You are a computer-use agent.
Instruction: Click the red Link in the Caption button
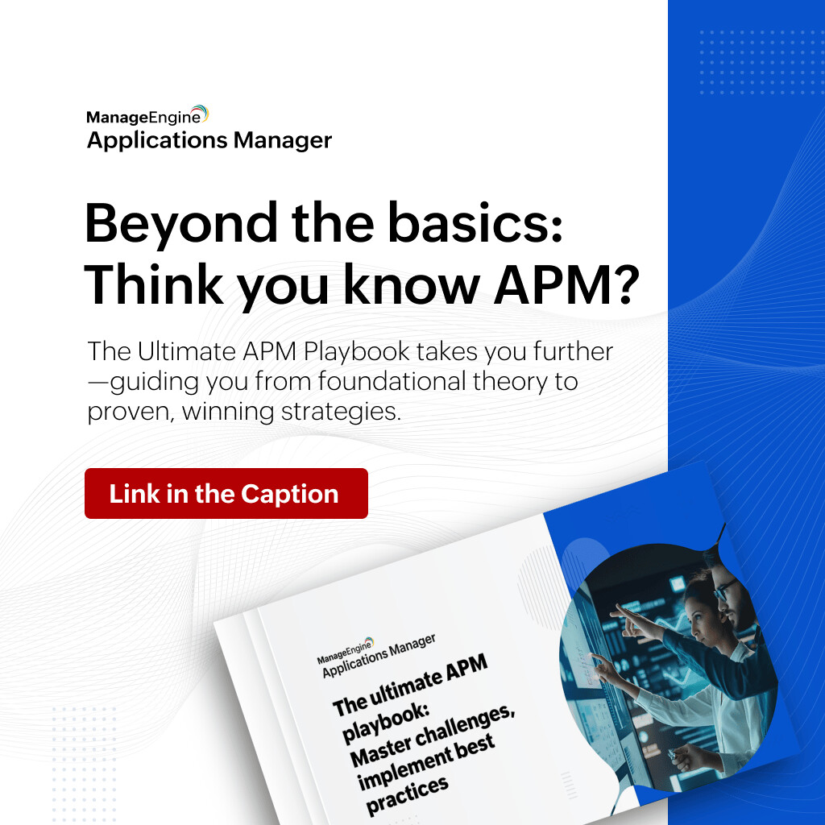pyautogui.click(x=226, y=493)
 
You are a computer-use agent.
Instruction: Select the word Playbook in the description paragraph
pyautogui.click(x=372, y=352)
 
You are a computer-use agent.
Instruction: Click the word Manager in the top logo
pyautogui.click(x=283, y=140)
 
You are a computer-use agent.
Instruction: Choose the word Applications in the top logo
pyautogui.click(x=158, y=141)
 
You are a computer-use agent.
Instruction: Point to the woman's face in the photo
pyautogui.click(x=699, y=608)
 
